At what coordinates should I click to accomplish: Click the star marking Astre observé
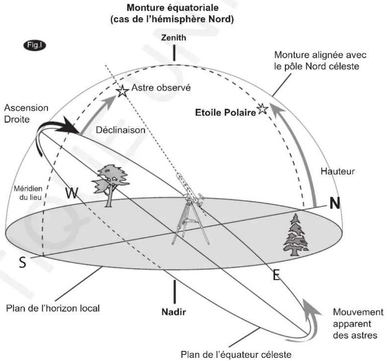(x=122, y=91)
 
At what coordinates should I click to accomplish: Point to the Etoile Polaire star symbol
(x=262, y=109)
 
